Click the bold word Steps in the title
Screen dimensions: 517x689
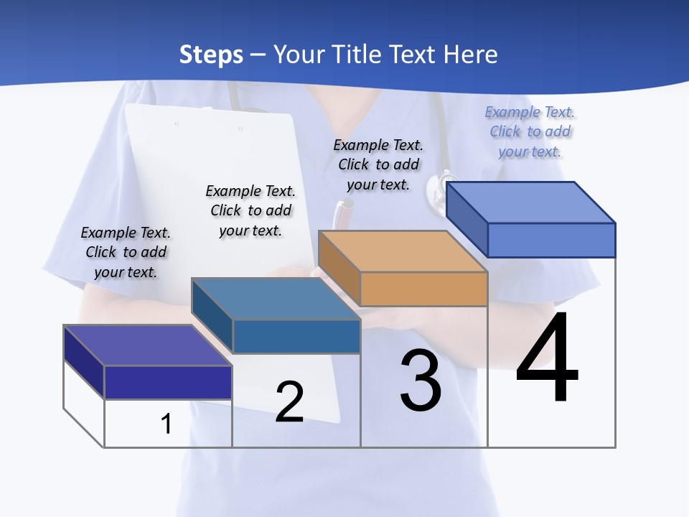(211, 55)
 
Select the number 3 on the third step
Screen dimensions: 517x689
(421, 381)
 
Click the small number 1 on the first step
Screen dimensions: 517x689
(167, 424)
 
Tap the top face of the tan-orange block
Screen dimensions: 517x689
(402, 251)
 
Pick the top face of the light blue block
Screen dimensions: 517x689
(531, 202)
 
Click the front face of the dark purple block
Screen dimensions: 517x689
(168, 382)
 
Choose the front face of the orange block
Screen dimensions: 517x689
(423, 289)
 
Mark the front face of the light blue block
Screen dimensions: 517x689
(551, 240)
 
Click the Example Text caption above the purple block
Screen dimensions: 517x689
(126, 252)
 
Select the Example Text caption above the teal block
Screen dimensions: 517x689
(250, 210)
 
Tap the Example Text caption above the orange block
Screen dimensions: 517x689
(378, 164)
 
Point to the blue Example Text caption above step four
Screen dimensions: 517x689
(530, 131)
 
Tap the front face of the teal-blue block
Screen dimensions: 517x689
(296, 336)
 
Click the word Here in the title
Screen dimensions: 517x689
(472, 55)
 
